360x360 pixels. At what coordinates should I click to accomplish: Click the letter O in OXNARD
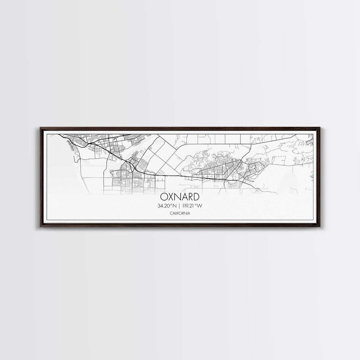tap(164, 197)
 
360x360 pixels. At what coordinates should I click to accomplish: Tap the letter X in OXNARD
tap(171, 197)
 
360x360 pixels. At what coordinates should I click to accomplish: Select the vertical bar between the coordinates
tap(180, 205)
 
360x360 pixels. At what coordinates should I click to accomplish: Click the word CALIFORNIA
tap(180, 213)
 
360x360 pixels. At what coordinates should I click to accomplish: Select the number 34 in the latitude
tap(160, 205)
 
